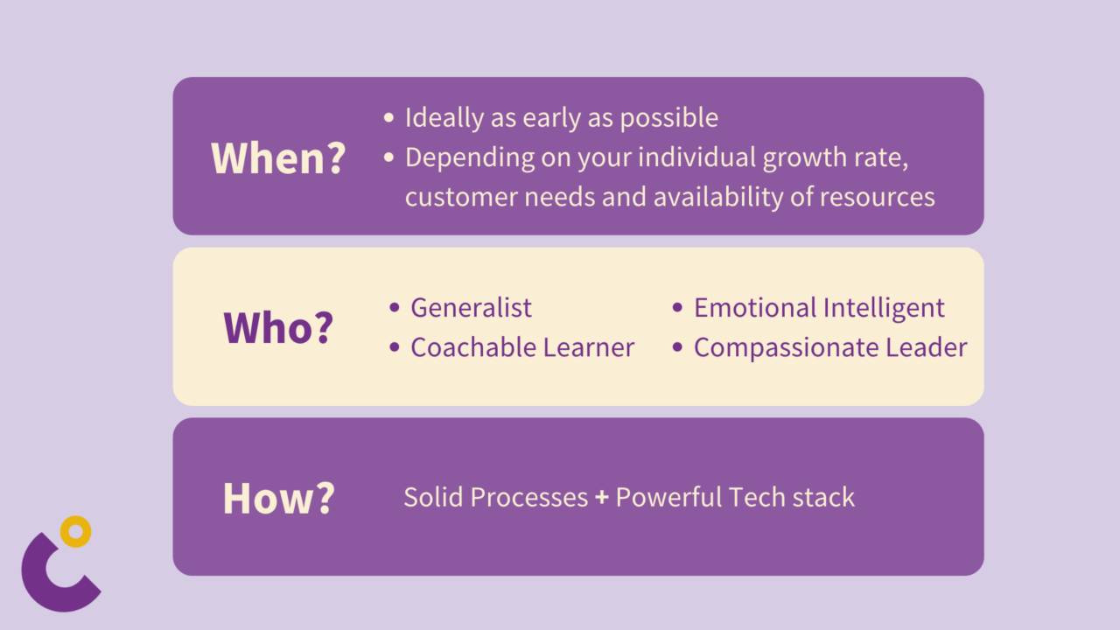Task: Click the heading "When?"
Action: pyautogui.click(x=278, y=158)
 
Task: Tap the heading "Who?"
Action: pyautogui.click(x=278, y=327)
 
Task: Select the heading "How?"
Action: pyautogui.click(x=278, y=498)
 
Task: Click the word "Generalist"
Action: pyautogui.click(x=471, y=307)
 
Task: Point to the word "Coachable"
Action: pyautogui.click(x=473, y=347)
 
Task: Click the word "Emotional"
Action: pyautogui.click(x=755, y=307)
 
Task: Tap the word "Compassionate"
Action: pyautogui.click(x=786, y=348)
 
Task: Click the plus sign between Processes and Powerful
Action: pyautogui.click(x=602, y=498)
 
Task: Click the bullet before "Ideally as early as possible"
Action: pyautogui.click(x=389, y=118)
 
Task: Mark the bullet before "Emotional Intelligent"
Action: pyautogui.click(x=677, y=307)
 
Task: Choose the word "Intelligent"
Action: pyautogui.click(x=884, y=308)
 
